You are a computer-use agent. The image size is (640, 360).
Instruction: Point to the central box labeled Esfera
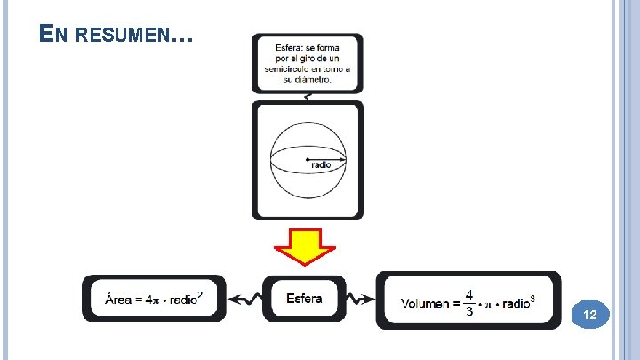[304, 298]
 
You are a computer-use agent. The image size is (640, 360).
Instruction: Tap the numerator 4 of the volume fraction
[468, 293]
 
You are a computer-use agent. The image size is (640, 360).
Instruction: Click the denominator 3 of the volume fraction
[468, 312]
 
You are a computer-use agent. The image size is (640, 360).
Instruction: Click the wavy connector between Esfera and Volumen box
[363, 299]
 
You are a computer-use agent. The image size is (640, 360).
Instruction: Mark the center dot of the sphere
[307, 159]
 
